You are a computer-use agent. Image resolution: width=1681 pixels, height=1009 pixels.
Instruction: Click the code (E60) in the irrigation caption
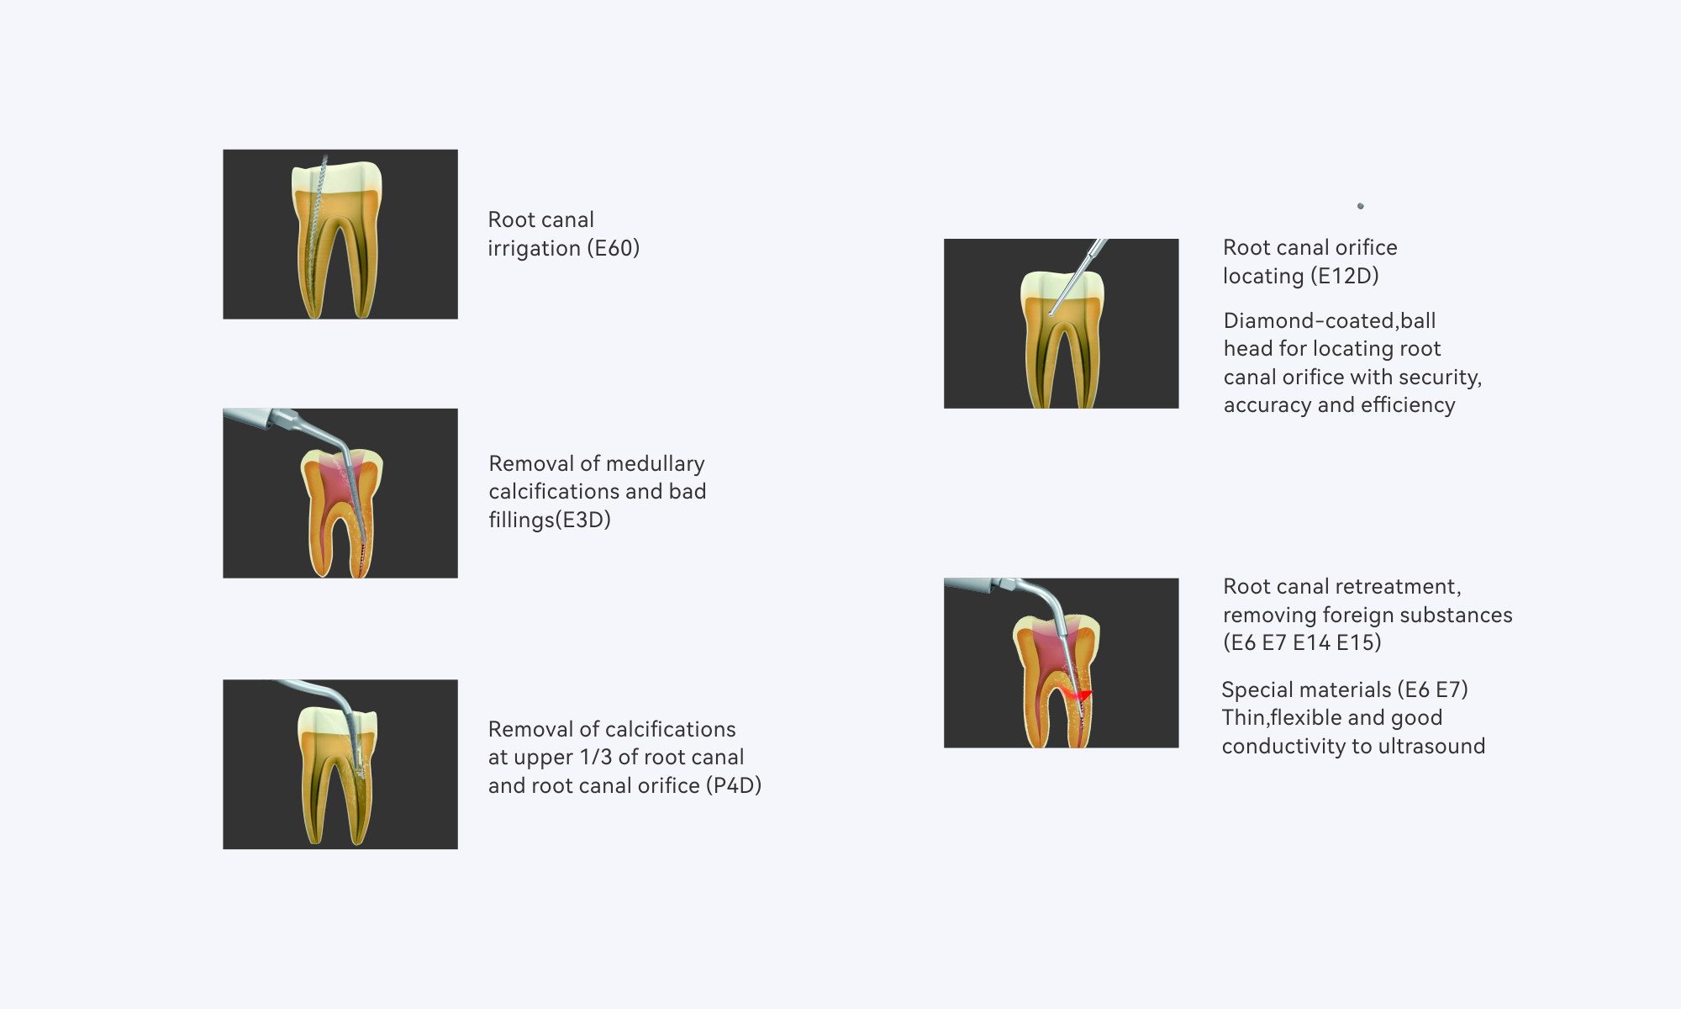click(614, 248)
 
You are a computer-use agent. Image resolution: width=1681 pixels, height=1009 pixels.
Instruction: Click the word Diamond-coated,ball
click(1330, 320)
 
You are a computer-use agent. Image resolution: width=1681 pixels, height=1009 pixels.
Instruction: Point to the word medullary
click(656, 464)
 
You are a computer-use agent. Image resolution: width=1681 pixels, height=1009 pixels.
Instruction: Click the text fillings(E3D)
click(550, 520)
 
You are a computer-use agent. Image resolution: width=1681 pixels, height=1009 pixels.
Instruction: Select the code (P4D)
click(734, 785)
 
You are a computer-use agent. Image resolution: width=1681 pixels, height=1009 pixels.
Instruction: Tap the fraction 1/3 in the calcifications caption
click(596, 757)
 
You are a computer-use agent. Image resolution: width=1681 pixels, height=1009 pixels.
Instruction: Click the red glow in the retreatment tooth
click(1076, 695)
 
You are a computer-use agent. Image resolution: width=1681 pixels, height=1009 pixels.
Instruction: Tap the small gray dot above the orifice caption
click(1361, 206)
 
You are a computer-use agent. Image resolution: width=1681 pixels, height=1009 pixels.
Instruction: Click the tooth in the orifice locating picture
click(1062, 340)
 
